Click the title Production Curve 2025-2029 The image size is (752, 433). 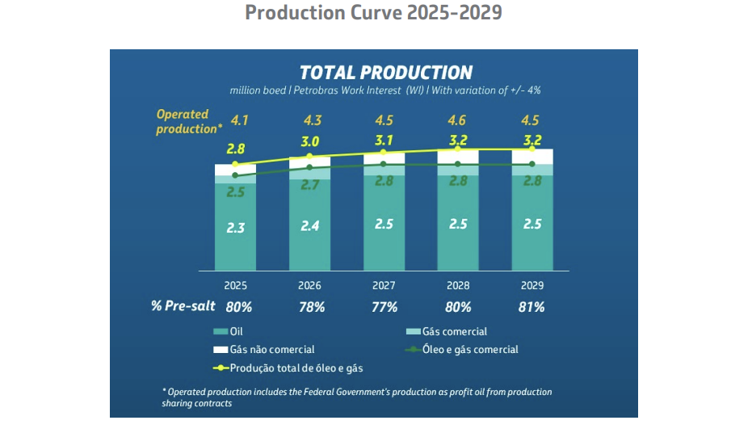click(x=373, y=14)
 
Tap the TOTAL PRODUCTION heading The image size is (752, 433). click(x=386, y=73)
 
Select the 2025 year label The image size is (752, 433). click(x=236, y=286)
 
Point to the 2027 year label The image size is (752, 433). click(x=384, y=286)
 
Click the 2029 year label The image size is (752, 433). click(x=532, y=286)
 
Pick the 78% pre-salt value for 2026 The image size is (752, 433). click(x=311, y=308)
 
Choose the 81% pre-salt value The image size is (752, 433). click(x=531, y=308)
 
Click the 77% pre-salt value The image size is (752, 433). click(x=384, y=308)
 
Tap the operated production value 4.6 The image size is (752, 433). click(x=458, y=121)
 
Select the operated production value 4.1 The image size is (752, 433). click(x=240, y=121)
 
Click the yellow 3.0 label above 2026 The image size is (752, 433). click(x=310, y=142)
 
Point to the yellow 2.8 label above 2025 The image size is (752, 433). click(x=236, y=149)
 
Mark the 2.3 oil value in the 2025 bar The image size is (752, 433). click(x=236, y=229)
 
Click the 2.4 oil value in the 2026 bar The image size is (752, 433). click(x=310, y=226)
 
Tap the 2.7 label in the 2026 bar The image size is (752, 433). click(x=310, y=186)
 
